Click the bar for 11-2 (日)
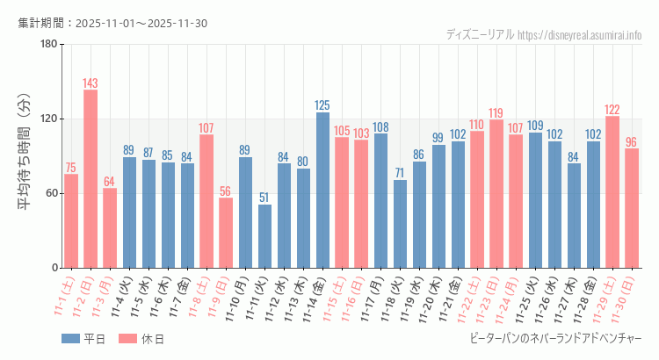(x=91, y=178)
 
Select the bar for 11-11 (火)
(x=264, y=236)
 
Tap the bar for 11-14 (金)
(x=322, y=190)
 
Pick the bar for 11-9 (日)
(x=226, y=233)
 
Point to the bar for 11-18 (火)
(x=400, y=224)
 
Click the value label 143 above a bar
(x=91, y=83)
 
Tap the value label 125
(x=322, y=105)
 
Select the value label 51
(x=264, y=198)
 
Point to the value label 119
(x=496, y=113)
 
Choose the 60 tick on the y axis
(x=51, y=193)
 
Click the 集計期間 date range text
(x=112, y=23)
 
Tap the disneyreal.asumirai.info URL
(x=580, y=35)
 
